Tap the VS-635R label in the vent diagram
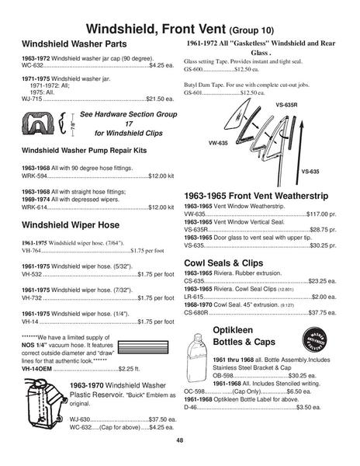point(296,103)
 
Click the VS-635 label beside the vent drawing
point(310,170)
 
